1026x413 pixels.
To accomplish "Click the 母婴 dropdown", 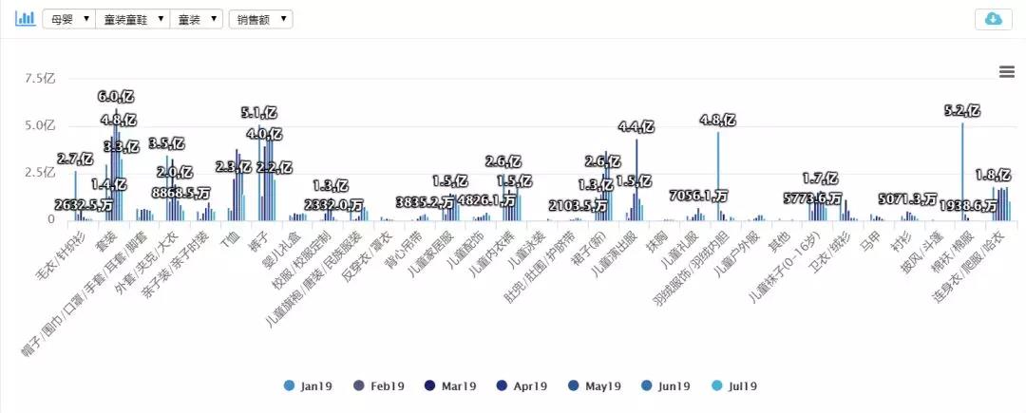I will [x=68, y=19].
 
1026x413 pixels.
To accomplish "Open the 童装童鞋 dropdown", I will [x=132, y=19].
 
